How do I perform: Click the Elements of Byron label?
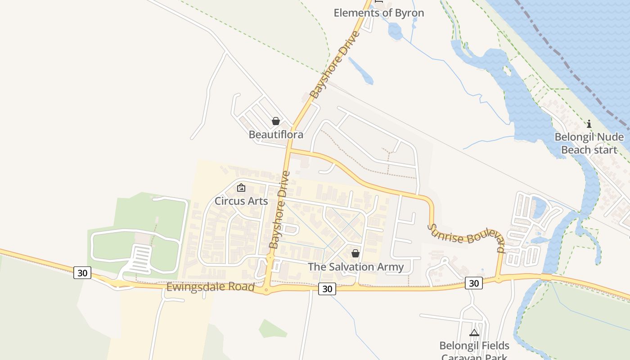click(378, 13)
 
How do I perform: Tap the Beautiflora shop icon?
click(276, 121)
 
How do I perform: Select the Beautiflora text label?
click(276, 135)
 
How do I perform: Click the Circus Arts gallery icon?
click(241, 188)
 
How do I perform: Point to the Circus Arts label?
click(241, 201)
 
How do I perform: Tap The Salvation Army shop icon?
click(355, 253)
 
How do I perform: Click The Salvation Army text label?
click(355, 267)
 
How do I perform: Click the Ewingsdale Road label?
click(210, 287)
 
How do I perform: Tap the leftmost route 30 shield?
click(82, 273)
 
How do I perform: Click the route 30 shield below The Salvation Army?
click(327, 289)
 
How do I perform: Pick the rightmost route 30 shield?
click(474, 283)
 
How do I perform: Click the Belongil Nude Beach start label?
click(589, 143)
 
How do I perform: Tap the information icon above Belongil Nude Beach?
click(589, 124)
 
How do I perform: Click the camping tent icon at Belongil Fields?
click(474, 333)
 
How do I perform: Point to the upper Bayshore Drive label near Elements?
click(335, 65)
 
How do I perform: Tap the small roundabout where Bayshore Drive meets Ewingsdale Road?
click(266, 291)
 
